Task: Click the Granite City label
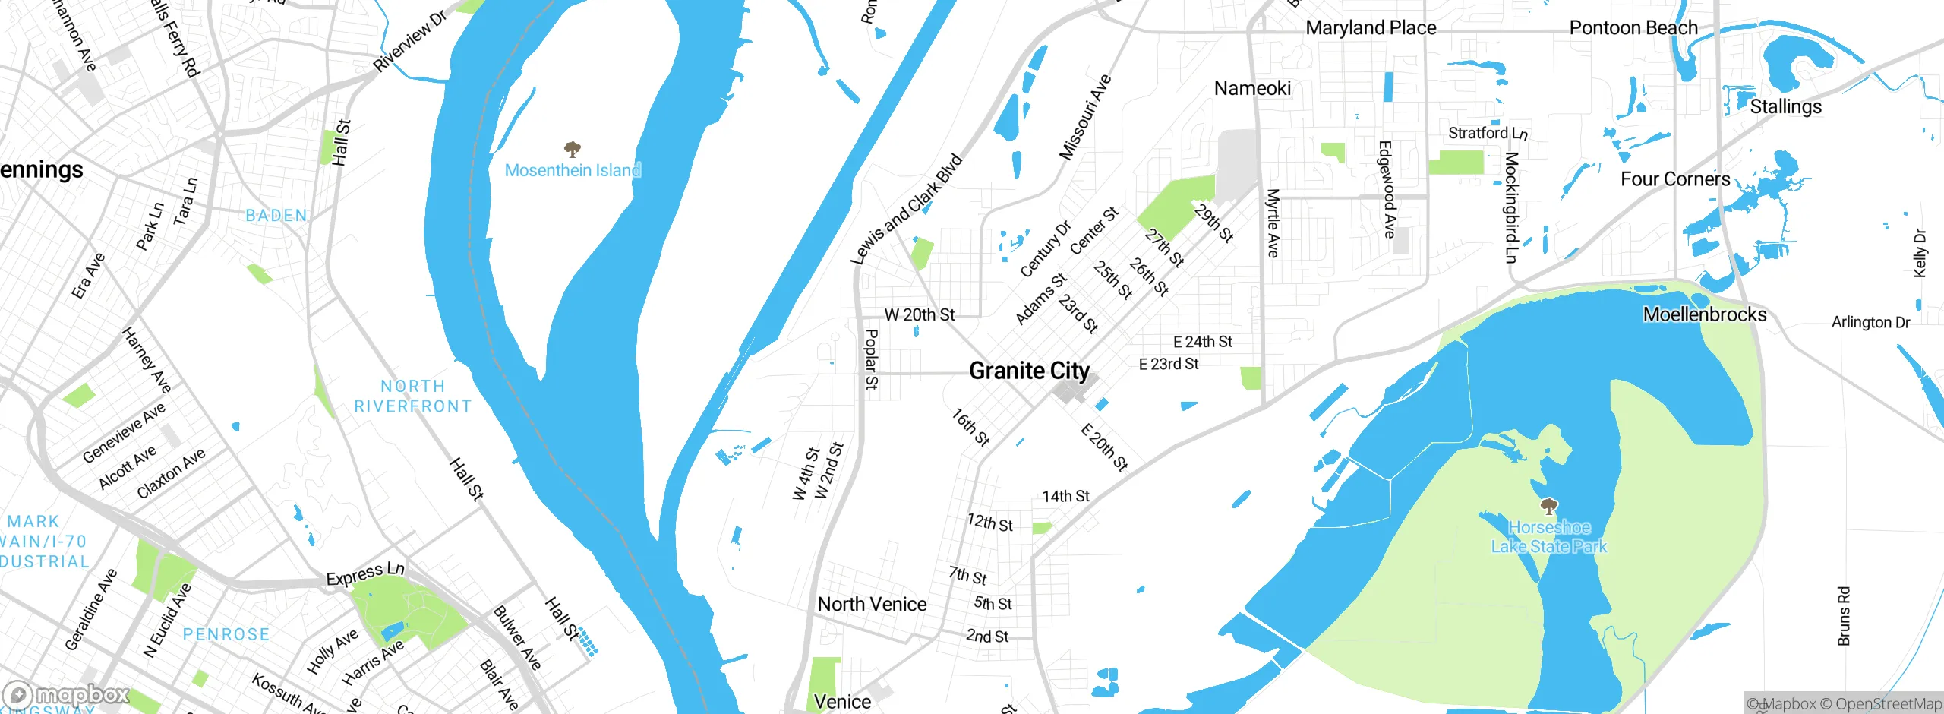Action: [1029, 371]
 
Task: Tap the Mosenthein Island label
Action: [573, 170]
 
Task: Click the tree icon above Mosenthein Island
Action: [573, 149]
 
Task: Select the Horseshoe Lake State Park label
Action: [1548, 537]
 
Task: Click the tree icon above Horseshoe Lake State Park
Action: [1549, 506]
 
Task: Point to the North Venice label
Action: [872, 604]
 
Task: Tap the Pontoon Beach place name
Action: [1633, 28]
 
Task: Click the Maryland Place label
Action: [1371, 28]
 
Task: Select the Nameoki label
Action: [1252, 88]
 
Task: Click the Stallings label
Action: [1785, 106]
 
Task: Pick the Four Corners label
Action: [1675, 179]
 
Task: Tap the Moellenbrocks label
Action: [1705, 314]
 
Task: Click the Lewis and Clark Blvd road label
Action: [906, 210]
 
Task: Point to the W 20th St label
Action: [920, 314]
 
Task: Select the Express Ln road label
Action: [365, 573]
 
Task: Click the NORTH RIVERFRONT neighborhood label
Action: [413, 396]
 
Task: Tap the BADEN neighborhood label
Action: [276, 216]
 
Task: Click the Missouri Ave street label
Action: [1085, 117]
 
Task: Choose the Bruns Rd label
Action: [1845, 616]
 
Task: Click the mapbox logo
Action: [67, 695]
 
